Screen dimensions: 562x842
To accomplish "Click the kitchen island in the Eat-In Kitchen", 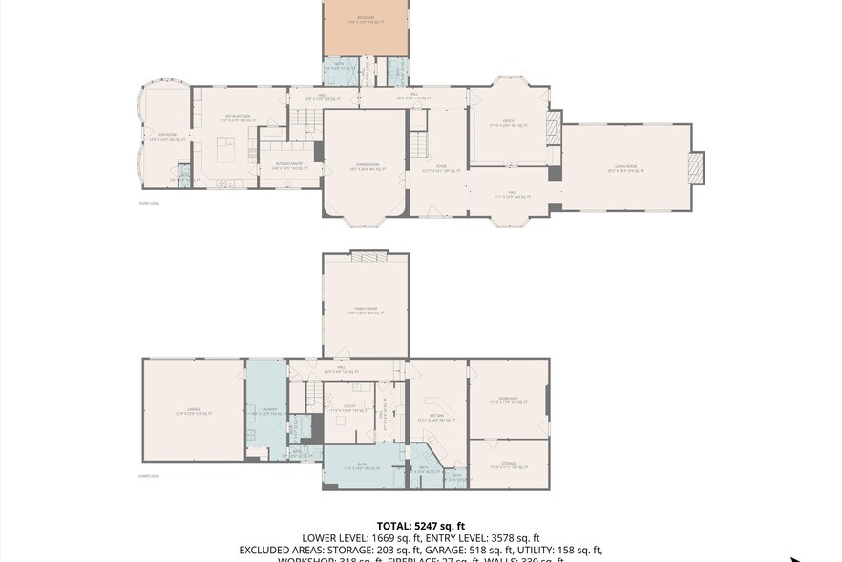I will [226, 151].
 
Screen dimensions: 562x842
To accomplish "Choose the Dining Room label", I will [367, 166].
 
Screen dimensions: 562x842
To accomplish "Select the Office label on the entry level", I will [509, 122].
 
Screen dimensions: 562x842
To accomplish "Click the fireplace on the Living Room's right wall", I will [698, 168].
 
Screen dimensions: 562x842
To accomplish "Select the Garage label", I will [194, 412].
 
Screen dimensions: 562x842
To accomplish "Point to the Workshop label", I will [508, 398].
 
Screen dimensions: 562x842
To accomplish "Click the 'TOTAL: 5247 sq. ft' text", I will [421, 526].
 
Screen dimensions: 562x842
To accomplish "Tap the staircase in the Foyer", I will [419, 144].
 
